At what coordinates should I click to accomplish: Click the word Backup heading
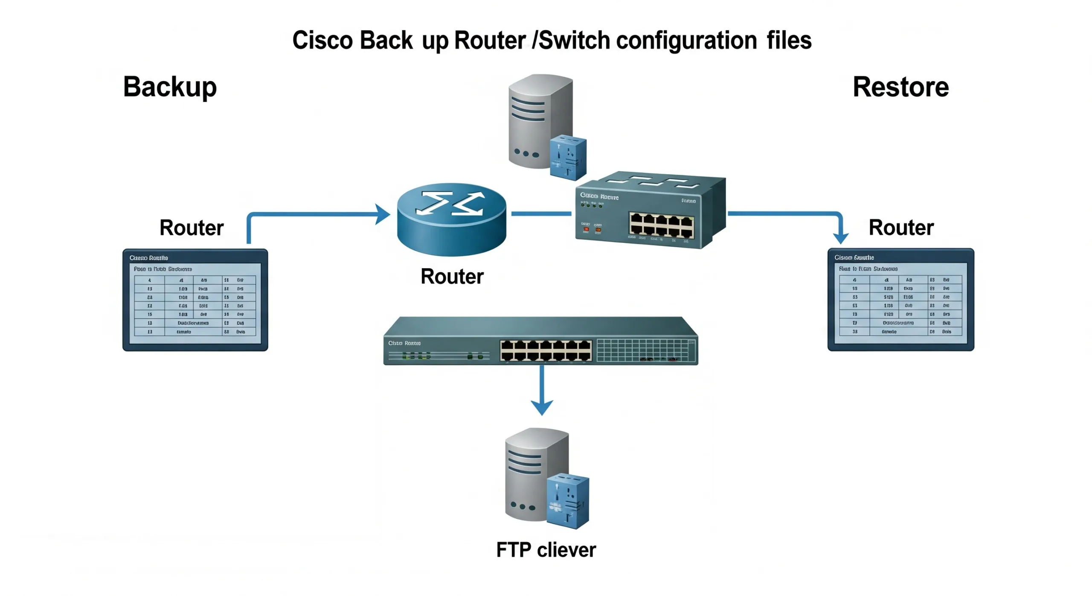click(169, 87)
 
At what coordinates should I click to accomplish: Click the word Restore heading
click(900, 87)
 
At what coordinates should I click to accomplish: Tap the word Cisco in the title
click(322, 41)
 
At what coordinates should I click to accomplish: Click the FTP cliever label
click(546, 549)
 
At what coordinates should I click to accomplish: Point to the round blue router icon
click(451, 220)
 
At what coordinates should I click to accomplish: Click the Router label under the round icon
click(452, 276)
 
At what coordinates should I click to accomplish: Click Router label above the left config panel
click(191, 228)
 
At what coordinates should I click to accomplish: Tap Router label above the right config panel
click(900, 228)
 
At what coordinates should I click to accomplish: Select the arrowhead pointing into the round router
click(383, 214)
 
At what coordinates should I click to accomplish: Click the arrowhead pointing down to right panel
click(840, 238)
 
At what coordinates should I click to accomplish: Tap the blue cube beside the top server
click(568, 157)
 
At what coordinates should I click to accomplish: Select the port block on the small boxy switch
click(661, 225)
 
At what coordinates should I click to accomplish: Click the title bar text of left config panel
click(148, 257)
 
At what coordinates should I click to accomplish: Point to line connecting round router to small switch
click(540, 213)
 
